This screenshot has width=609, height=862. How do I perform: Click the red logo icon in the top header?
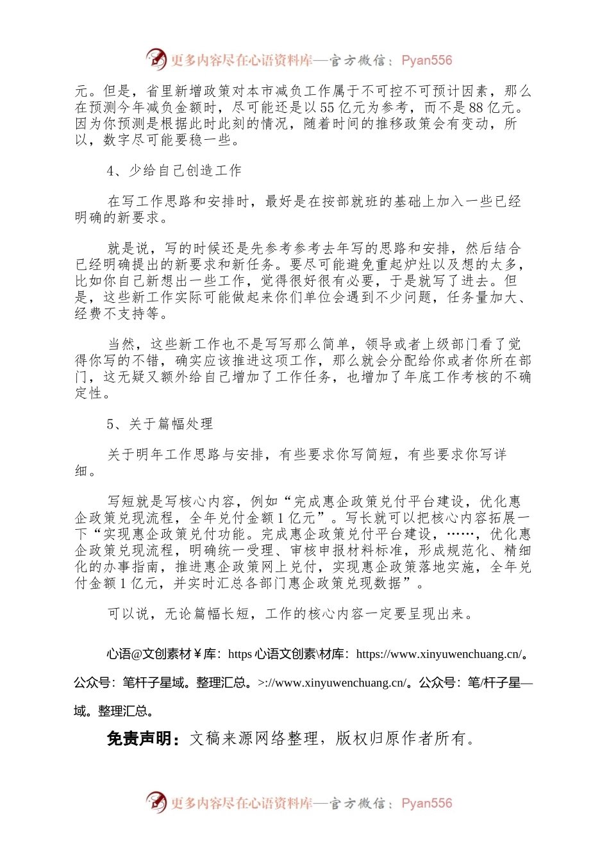click(x=156, y=60)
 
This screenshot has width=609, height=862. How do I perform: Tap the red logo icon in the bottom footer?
click(x=156, y=802)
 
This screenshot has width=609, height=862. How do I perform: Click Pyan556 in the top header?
click(x=426, y=60)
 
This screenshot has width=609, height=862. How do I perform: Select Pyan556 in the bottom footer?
click(x=426, y=803)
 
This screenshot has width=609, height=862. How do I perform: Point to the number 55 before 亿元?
click(x=327, y=107)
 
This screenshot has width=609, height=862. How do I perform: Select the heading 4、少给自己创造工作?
click(x=174, y=171)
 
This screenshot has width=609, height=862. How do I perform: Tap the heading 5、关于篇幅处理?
click(x=160, y=424)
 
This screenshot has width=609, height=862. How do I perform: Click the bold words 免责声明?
click(x=138, y=739)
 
